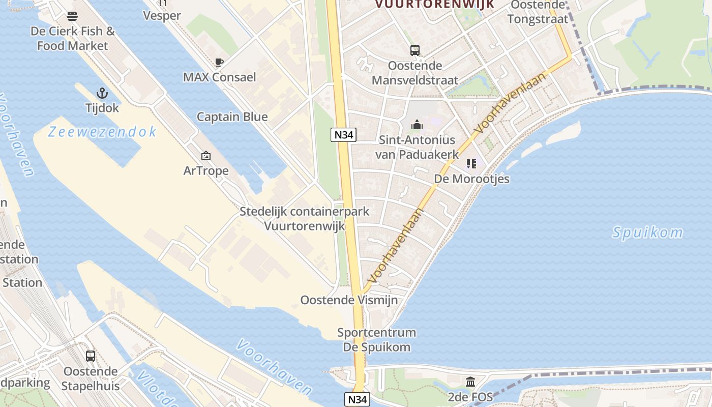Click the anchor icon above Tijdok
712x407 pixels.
tap(103, 93)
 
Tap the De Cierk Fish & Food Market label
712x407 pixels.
tap(73, 38)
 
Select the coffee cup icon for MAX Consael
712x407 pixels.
tap(219, 63)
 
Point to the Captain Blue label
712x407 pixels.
tap(232, 117)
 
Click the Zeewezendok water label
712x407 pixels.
tap(102, 132)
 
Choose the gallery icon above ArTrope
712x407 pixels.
tap(206, 156)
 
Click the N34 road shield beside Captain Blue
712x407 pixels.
tap(343, 135)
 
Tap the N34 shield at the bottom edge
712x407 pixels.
tap(358, 399)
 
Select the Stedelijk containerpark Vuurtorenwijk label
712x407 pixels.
tap(305, 219)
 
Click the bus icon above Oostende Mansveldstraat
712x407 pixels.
tap(415, 50)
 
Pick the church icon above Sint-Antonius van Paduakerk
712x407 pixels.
tap(417, 125)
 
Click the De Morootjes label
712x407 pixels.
tap(471, 179)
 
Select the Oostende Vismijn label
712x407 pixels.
tap(349, 300)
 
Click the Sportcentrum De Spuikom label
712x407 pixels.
tap(376, 340)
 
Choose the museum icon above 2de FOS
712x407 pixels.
tap(470, 382)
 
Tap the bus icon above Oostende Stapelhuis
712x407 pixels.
tap(91, 356)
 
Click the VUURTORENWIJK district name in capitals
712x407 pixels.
tap(435, 4)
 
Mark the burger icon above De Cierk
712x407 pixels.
tap(72, 16)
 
